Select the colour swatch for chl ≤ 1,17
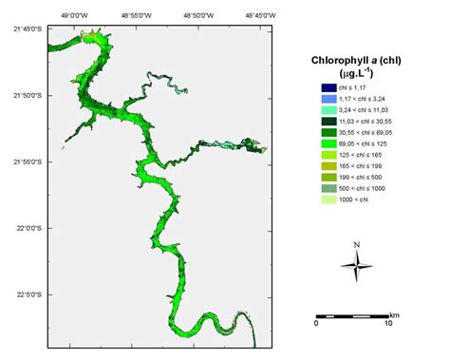tap(328, 87)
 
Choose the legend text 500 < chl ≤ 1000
tap(366, 189)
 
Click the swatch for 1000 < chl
tap(328, 200)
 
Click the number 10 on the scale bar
tap(388, 324)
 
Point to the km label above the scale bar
tap(394, 313)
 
